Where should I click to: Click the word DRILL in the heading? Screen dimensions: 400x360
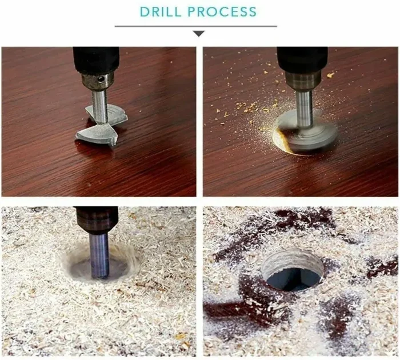tap(161, 12)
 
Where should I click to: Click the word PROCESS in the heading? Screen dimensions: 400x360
tap(222, 12)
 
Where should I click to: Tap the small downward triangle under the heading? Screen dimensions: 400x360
tap(199, 33)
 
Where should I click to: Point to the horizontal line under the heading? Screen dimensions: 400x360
tap(195, 26)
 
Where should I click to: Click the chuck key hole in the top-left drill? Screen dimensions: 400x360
tap(101, 79)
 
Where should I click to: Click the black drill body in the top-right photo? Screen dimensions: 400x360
tap(302, 59)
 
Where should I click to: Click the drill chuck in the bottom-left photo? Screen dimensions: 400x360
tap(97, 220)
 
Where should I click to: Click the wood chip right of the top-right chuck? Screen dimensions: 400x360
tap(330, 75)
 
